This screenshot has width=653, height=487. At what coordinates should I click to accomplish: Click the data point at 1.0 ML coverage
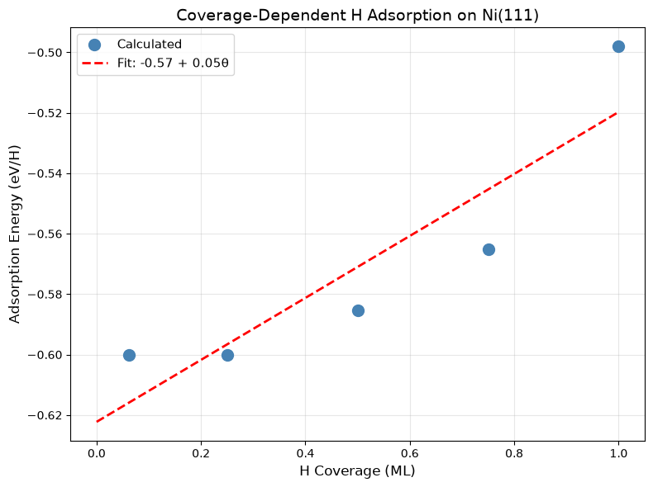(618, 46)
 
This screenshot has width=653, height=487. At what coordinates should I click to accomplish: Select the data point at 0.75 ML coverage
(489, 250)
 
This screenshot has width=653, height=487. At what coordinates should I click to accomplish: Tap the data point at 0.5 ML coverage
(358, 310)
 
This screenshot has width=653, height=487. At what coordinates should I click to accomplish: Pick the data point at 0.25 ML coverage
(227, 355)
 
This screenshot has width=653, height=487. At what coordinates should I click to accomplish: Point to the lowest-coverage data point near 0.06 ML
(129, 355)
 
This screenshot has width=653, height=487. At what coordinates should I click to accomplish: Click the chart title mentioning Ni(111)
(357, 16)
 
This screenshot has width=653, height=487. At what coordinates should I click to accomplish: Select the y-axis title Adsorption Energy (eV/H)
(15, 234)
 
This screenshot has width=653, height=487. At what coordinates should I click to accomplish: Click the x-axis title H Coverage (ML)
(357, 470)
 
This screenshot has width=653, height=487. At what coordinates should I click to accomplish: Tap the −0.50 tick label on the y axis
(45, 52)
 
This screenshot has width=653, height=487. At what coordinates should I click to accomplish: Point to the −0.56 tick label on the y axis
(45, 234)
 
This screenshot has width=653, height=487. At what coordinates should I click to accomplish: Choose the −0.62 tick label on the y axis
(45, 415)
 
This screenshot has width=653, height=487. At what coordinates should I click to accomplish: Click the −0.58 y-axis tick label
(45, 295)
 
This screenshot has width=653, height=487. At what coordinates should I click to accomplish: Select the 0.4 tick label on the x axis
(305, 453)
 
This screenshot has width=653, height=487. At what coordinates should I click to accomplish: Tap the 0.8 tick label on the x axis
(514, 453)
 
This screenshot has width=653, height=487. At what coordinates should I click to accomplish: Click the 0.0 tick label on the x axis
(97, 453)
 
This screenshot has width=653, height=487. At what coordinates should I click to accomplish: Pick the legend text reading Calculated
(150, 44)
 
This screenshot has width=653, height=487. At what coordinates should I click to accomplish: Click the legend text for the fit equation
(173, 63)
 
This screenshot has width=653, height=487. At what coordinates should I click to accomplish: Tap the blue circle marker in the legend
(94, 45)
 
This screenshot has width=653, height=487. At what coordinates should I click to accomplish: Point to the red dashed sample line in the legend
(95, 64)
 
